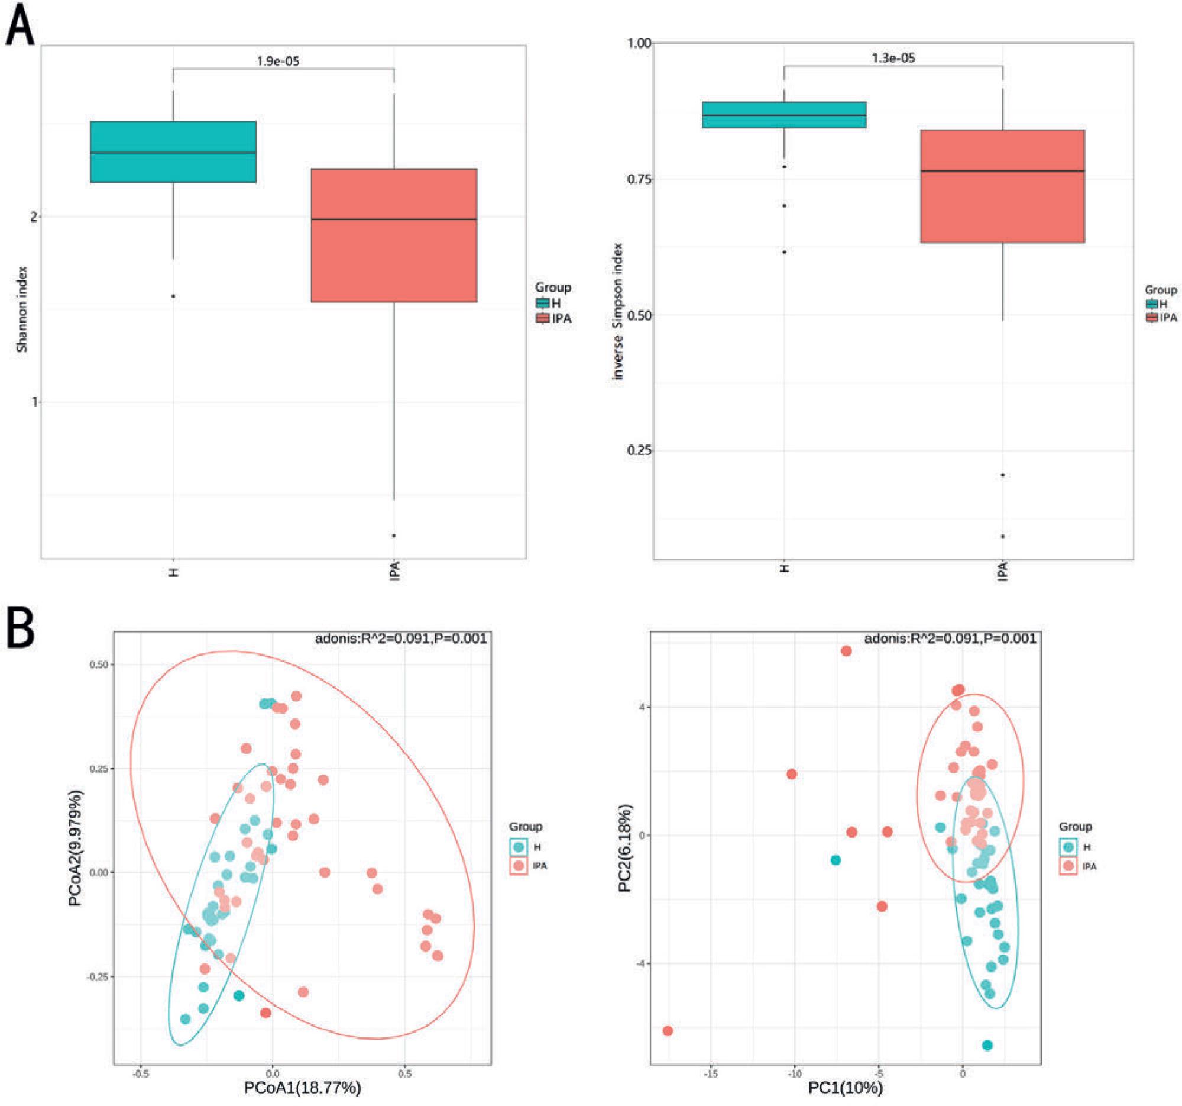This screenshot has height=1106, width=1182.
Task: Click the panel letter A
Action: tap(20, 25)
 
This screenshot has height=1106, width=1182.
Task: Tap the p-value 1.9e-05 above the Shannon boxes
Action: tap(279, 62)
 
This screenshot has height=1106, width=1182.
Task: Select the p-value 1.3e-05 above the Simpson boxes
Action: tap(893, 59)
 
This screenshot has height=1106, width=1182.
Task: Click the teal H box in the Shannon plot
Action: tap(173, 151)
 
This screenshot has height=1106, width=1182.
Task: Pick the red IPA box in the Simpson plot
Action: tap(1002, 186)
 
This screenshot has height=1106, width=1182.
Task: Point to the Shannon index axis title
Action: tap(22, 309)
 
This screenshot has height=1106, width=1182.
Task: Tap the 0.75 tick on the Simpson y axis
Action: tap(639, 179)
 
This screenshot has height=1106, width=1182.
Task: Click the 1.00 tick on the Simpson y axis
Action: tap(639, 43)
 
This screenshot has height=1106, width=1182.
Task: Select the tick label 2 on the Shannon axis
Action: tap(34, 217)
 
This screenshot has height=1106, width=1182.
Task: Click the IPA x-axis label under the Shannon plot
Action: tap(395, 570)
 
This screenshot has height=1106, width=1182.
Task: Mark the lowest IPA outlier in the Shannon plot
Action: tap(394, 536)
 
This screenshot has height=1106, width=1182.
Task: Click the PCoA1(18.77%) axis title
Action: tap(302, 1088)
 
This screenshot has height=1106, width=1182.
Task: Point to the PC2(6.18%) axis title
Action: tap(625, 849)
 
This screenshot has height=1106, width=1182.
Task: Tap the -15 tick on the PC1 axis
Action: tap(711, 1073)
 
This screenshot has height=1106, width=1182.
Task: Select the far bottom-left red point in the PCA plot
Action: tap(668, 1030)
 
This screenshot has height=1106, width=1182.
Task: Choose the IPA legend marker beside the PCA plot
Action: tap(1068, 866)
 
